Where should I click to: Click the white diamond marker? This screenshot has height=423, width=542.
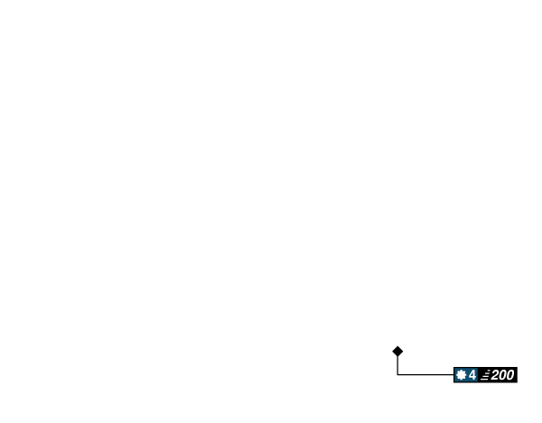coord(397,351)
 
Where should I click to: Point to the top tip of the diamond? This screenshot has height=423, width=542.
coord(397,343)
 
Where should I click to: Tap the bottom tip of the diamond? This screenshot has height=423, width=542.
coord(397,358)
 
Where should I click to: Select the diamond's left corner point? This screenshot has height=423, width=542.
coord(390,351)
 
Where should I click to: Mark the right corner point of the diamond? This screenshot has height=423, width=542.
coord(405,351)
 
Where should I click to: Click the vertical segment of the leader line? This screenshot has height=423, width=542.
coord(397,365)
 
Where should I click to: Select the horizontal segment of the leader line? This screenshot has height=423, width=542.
coord(425,374)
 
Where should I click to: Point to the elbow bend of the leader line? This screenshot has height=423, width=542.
coord(397,374)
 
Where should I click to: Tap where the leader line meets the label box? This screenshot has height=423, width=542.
coord(452,374)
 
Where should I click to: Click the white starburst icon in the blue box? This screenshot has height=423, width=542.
coord(461,375)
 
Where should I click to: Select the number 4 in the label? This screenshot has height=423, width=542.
coord(472,375)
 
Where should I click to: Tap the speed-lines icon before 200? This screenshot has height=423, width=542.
coord(485,375)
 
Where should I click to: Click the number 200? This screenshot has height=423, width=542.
coord(502,375)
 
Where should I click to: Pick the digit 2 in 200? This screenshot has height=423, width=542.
coord(495,375)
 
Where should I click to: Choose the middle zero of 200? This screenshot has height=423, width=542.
coord(502,375)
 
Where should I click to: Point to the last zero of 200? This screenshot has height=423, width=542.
coord(509,375)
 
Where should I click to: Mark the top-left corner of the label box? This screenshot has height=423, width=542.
coord(453,366)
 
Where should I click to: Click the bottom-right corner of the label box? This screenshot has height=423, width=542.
coord(519,384)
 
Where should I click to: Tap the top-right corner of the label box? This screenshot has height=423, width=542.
coord(519,366)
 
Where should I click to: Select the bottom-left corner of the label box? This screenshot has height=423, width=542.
coord(453,384)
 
